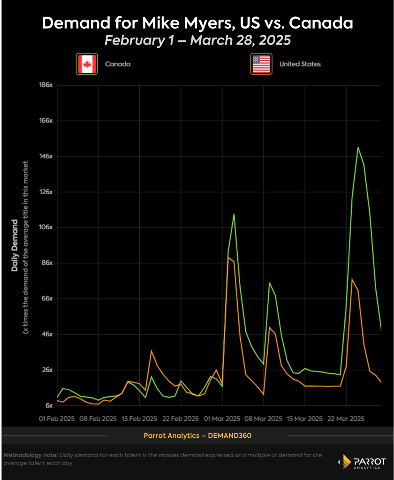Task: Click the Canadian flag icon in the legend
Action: point(87,64)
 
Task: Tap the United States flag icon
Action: point(261,64)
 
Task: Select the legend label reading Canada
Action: point(118,64)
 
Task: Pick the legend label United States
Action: point(300,64)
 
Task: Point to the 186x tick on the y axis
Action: point(46,85)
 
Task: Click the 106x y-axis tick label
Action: point(46,227)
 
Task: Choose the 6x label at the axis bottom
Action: point(49,405)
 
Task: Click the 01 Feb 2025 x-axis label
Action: point(57,418)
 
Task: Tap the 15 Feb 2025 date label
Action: point(140,418)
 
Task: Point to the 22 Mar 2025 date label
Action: point(346,418)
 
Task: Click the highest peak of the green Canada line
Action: point(358,147)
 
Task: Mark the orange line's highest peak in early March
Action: point(228,257)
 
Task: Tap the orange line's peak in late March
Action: point(352,279)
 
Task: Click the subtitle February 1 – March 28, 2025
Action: point(197,40)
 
